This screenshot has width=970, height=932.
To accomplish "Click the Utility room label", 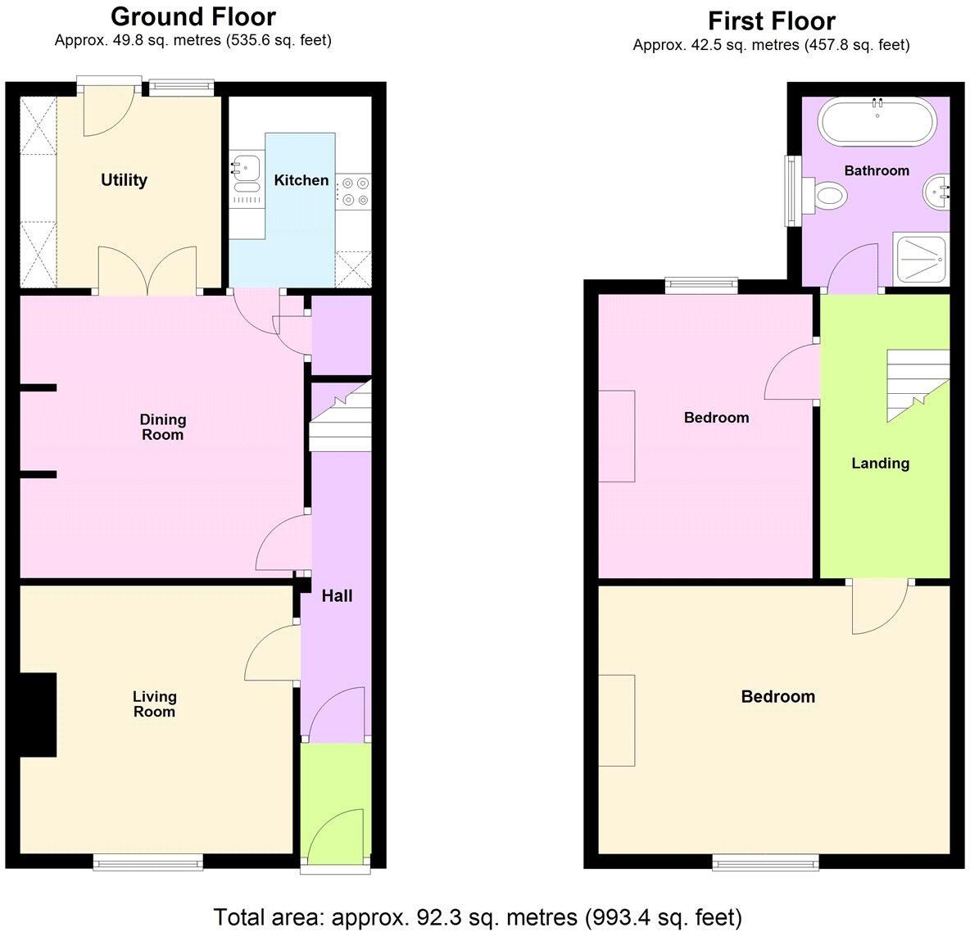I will pos(124,180).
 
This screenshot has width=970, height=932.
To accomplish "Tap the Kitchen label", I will pos(301,180).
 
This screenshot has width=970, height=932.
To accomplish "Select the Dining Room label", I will pos(163,427).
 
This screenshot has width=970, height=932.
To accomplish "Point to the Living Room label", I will pos(154,704).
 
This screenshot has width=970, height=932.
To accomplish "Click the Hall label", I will pos(337,595).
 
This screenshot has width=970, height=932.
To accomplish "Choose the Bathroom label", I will pos(877,170).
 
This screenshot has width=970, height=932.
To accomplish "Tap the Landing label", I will pos(880,463).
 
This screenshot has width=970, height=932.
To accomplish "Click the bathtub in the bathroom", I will pos(877,120).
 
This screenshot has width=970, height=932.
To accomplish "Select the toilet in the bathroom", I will pos(828,195).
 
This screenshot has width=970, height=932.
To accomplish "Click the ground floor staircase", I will pos(341,415).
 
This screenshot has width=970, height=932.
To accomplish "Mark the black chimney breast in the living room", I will pos(38,714).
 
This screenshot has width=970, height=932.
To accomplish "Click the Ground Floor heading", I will pos(193,16).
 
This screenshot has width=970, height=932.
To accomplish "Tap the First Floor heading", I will pos(771,20).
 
